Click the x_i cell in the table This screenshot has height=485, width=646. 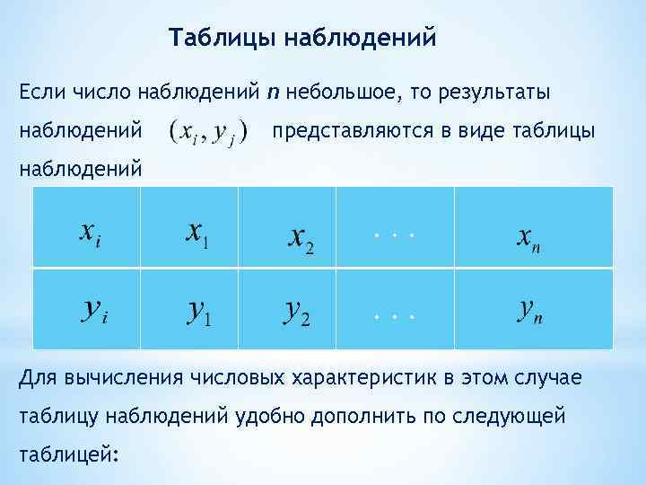coord(87,231)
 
